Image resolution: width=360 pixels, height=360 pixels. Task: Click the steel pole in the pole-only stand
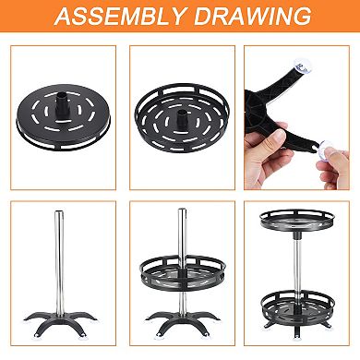click(60, 268)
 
